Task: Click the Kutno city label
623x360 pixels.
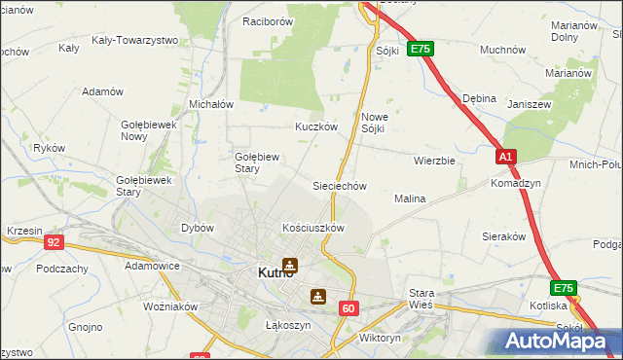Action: tap(257, 273)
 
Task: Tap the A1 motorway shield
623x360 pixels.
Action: tap(505, 157)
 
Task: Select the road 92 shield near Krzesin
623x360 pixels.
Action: tap(55, 242)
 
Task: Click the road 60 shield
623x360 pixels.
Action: tap(349, 308)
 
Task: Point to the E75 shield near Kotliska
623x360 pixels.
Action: tap(564, 289)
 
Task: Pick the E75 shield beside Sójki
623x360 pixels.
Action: tap(420, 49)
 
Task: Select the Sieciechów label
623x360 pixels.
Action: tap(339, 185)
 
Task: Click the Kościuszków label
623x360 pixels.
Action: tap(313, 228)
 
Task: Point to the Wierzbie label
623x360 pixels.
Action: tap(434, 161)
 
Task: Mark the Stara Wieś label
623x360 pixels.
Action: tap(421, 298)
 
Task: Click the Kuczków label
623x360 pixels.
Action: tap(316, 126)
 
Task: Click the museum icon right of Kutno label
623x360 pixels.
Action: tap(289, 264)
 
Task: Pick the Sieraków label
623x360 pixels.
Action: tap(504, 235)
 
